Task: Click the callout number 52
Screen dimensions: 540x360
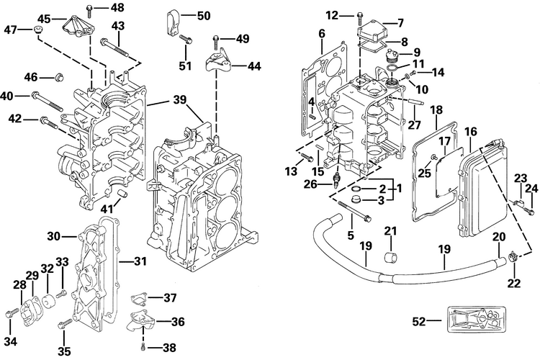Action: click(419, 321)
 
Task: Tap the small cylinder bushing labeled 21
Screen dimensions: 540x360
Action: click(390, 258)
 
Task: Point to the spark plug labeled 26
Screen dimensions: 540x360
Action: click(336, 181)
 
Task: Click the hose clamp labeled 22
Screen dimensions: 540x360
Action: click(512, 258)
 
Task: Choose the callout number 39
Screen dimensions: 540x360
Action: click(180, 100)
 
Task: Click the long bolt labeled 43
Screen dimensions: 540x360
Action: click(114, 48)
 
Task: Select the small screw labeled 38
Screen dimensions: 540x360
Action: click(143, 348)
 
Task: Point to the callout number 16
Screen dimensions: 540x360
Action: click(471, 132)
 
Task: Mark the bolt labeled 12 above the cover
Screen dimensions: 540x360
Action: click(360, 16)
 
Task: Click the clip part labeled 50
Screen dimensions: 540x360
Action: click(173, 24)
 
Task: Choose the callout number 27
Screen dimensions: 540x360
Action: click(414, 124)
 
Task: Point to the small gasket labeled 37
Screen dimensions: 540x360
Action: click(140, 300)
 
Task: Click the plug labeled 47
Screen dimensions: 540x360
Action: click(38, 30)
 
